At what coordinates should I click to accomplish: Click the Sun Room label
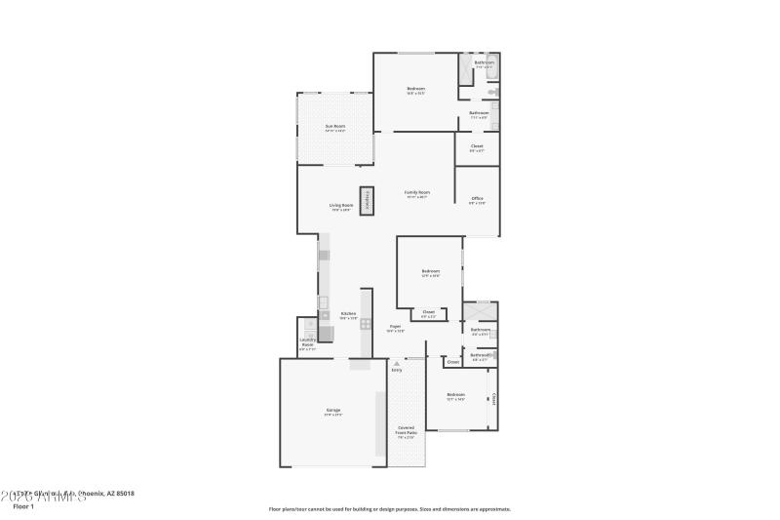pos(334,126)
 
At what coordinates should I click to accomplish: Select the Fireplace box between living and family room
pos(368,200)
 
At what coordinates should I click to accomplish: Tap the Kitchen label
pos(348,314)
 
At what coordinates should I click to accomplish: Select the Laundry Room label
pos(307,344)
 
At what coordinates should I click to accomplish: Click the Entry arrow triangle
pos(396,363)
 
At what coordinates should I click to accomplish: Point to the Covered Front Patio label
pos(407,431)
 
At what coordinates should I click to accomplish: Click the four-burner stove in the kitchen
pos(367,325)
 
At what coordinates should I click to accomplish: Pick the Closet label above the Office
pos(477,146)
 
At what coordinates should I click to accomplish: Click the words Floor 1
pos(23,506)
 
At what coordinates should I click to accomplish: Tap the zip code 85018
pos(124,494)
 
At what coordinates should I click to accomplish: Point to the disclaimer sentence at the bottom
pos(389,508)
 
